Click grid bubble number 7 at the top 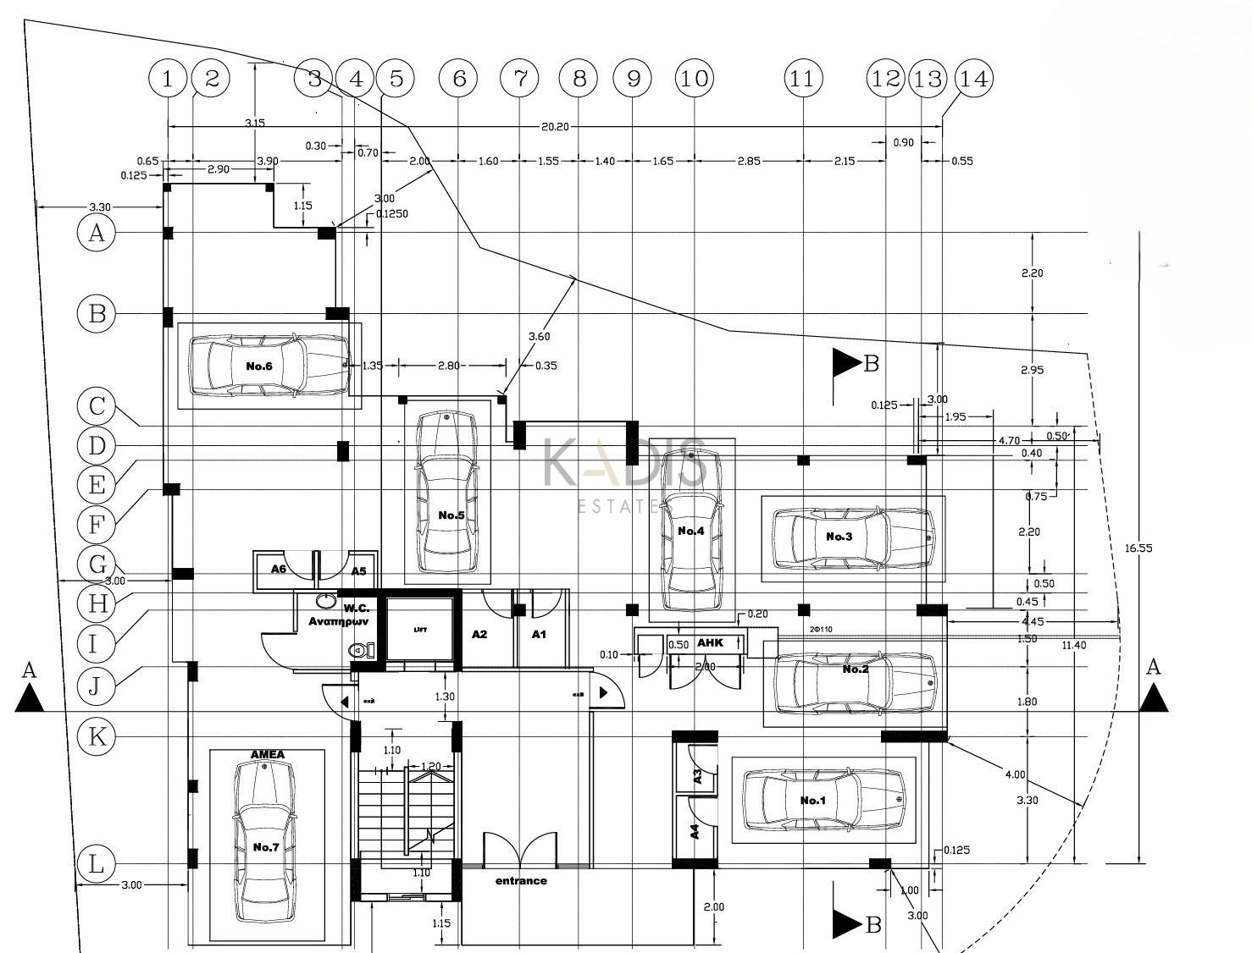coord(520,79)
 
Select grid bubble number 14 coord(972,79)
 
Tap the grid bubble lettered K coord(97,736)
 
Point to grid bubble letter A coord(97,232)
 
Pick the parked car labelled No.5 coord(447,491)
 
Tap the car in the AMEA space coord(265,842)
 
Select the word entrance coord(521,881)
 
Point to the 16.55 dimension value coord(1138,548)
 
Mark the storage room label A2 coord(479,634)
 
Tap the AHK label coord(710,643)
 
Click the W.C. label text coord(353,608)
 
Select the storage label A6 coord(279,569)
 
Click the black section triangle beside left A coord(30,699)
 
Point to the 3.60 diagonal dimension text coord(539,336)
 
